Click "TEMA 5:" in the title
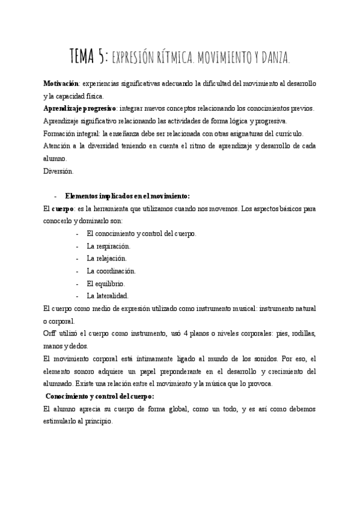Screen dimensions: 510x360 click(x=89, y=57)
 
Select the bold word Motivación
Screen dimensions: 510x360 click(x=61, y=82)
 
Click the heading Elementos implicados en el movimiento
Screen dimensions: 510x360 click(x=127, y=196)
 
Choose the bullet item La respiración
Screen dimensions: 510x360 click(x=108, y=246)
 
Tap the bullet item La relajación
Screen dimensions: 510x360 click(x=106, y=258)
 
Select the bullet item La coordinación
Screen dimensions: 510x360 click(x=111, y=271)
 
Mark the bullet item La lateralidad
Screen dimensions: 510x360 click(x=108, y=296)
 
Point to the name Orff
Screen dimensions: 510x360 click(x=50, y=333)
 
